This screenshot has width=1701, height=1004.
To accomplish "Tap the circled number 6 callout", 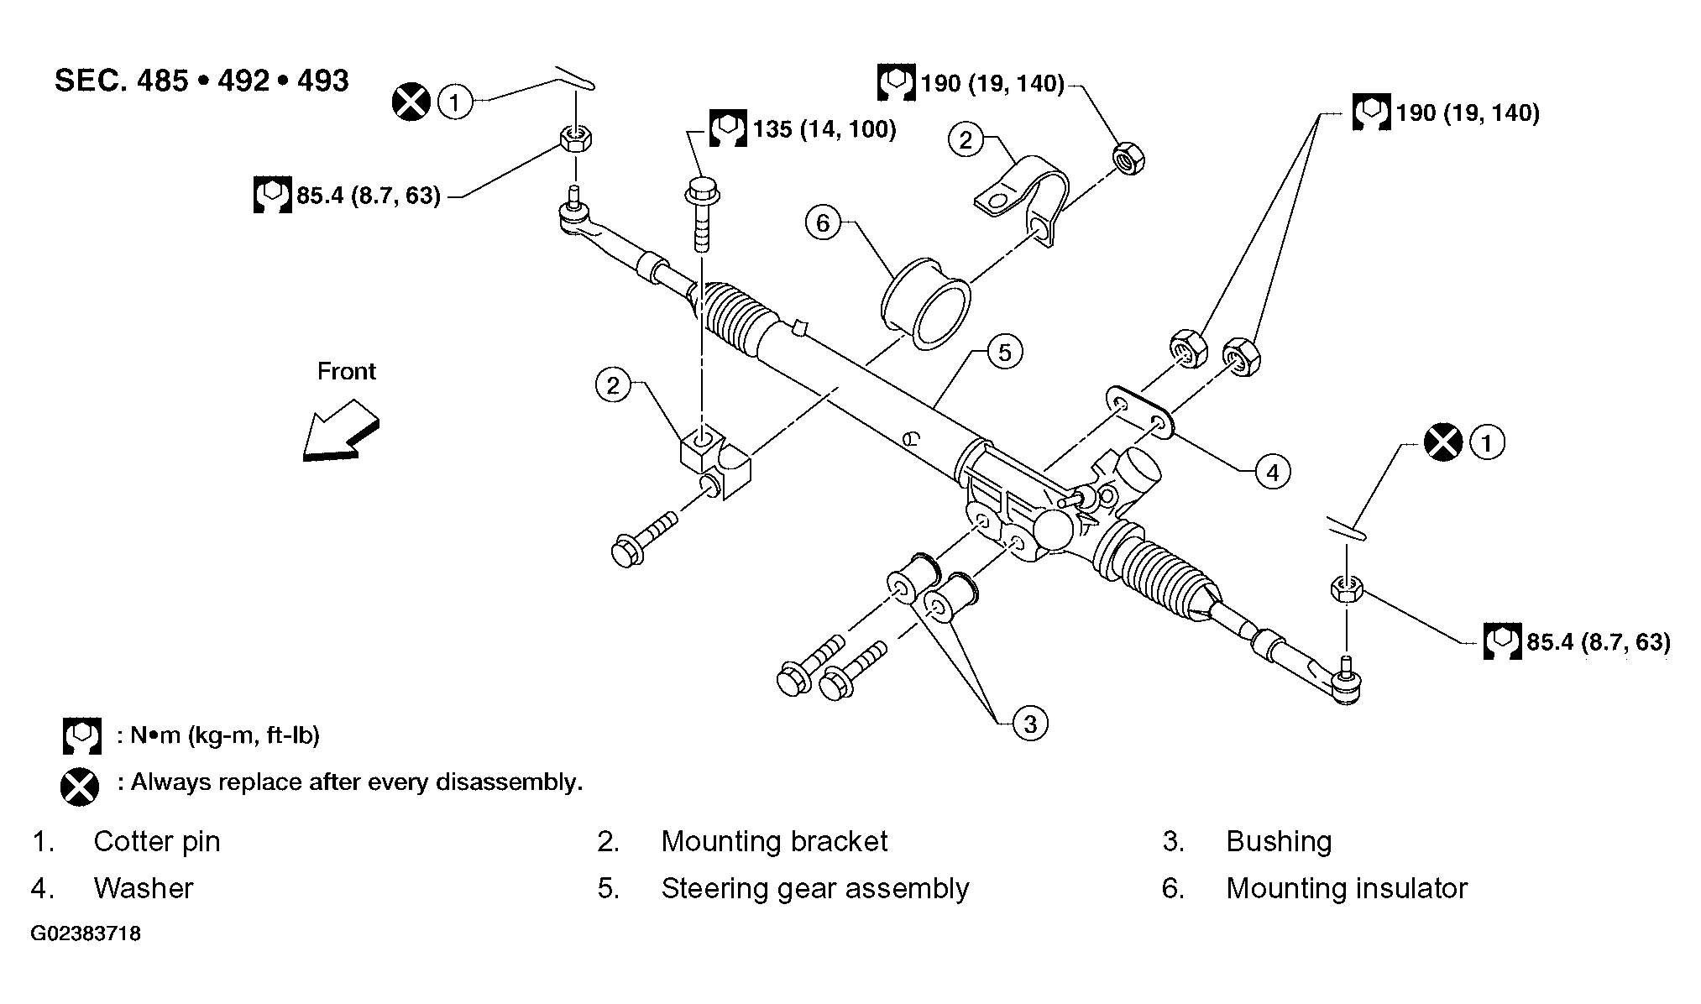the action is pyautogui.click(x=823, y=222).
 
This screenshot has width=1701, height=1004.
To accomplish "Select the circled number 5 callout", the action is pyautogui.click(x=1005, y=352).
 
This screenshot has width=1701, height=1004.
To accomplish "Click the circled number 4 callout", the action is pyautogui.click(x=1273, y=473).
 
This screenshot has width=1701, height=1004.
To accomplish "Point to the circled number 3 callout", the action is pyautogui.click(x=1030, y=723).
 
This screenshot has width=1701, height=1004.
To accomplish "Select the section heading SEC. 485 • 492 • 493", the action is pyautogui.click(x=202, y=81).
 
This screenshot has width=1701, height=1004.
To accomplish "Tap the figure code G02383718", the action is pyautogui.click(x=86, y=933).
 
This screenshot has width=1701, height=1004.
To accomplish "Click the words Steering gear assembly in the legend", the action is pyautogui.click(x=814, y=888).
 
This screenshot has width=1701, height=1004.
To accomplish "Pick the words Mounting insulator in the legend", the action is pyautogui.click(x=1347, y=888).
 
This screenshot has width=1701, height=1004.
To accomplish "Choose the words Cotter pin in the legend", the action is pyautogui.click(x=157, y=841).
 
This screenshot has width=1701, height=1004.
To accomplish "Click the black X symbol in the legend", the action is pyautogui.click(x=80, y=787).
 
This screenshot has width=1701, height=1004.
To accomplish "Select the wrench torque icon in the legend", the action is pyautogui.click(x=81, y=736).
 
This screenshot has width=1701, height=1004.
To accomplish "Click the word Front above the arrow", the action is pyautogui.click(x=346, y=371).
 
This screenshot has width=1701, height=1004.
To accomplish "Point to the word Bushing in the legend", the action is pyautogui.click(x=1279, y=841).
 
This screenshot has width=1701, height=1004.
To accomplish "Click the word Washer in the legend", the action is pyautogui.click(x=144, y=888).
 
